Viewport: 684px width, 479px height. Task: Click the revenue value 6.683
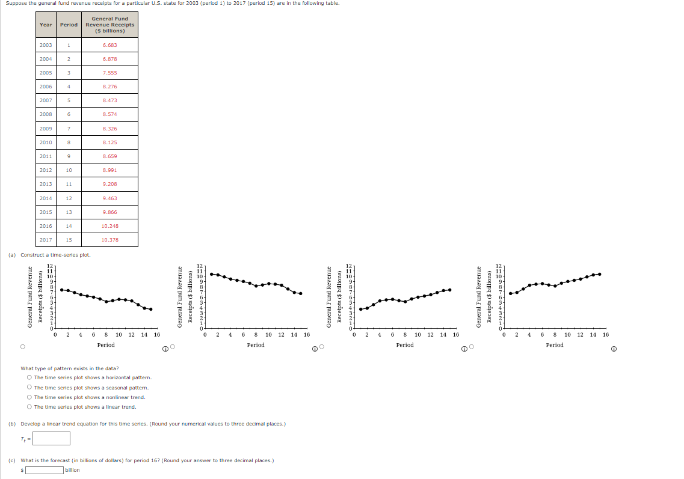(109, 45)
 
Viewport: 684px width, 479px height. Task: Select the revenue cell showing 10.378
(109, 240)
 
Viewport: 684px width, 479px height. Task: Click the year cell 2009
(46, 129)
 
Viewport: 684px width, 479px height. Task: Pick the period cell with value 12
(69, 198)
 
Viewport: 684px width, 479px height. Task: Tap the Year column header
(46, 25)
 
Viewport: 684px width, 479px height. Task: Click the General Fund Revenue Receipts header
(109, 25)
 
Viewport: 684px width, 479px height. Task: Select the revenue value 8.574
(109, 115)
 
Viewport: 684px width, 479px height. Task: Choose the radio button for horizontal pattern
(29, 378)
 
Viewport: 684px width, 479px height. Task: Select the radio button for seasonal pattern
(29, 388)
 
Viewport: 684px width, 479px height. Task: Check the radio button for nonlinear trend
(29, 397)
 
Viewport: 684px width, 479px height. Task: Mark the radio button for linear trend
(29, 407)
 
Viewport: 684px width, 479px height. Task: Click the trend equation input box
(51, 438)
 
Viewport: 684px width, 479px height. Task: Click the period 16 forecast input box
(44, 470)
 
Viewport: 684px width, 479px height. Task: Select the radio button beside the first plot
(22, 347)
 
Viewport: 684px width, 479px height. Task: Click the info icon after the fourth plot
(614, 349)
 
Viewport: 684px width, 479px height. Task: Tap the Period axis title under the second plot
(256, 345)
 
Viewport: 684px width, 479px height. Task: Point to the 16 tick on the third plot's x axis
(456, 335)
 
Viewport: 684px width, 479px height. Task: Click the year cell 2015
(46, 212)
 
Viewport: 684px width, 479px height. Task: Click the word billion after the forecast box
(72, 470)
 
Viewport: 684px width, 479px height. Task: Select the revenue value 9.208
(109, 184)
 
